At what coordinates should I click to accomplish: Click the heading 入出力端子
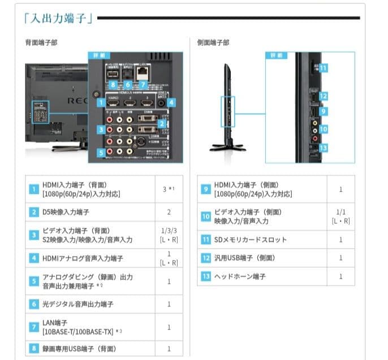(x=59, y=18)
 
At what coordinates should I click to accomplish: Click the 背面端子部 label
(x=41, y=43)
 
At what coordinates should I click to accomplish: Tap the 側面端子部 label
(x=213, y=43)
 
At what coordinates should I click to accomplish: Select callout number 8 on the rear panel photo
(x=113, y=84)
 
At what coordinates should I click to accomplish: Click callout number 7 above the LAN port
(x=143, y=84)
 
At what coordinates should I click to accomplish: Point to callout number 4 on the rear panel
(x=171, y=103)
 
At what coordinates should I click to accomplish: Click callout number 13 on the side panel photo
(x=323, y=148)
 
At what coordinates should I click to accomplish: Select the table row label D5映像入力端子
(x=66, y=212)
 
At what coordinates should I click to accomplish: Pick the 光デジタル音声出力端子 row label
(x=78, y=304)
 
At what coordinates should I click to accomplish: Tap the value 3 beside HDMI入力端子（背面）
(x=166, y=189)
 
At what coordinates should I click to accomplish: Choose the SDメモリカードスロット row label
(x=251, y=240)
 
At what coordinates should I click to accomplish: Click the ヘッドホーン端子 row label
(x=240, y=276)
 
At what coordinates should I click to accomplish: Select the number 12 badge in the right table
(x=205, y=258)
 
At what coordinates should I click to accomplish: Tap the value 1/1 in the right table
(x=340, y=212)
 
